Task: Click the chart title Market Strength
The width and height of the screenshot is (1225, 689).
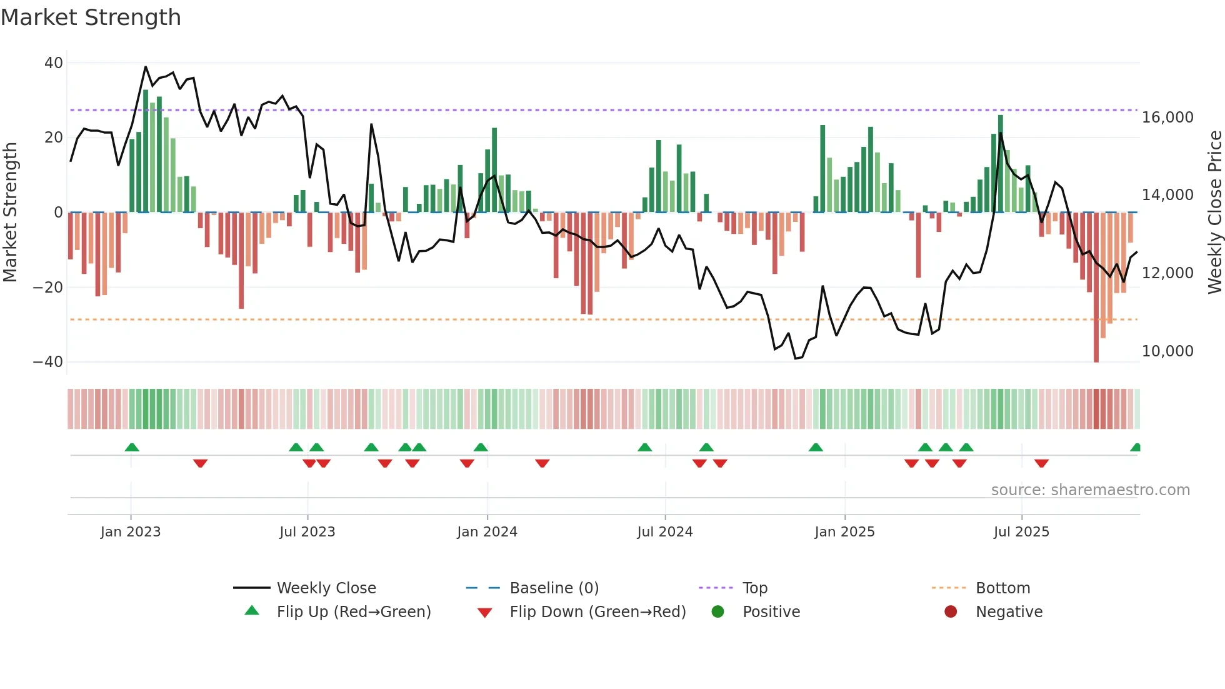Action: coord(91,18)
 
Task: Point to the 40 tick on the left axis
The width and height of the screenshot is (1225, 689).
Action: coord(54,63)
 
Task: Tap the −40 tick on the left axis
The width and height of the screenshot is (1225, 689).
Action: coord(48,362)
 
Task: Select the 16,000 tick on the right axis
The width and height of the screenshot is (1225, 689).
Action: coord(1167,118)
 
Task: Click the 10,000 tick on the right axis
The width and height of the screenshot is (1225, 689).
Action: coord(1167,351)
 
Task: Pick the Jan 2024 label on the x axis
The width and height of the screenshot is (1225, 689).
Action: coord(487,532)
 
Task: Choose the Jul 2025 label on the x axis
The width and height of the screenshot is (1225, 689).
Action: coord(1021,532)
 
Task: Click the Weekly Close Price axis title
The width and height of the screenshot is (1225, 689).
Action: coord(1214,213)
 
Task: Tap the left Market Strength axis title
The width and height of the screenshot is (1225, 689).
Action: coord(11,213)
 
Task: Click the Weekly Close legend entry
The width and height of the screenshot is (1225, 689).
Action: coord(326,588)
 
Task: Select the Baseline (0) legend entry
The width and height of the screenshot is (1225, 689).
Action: coord(554,588)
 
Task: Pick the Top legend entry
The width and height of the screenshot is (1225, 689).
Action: coord(754,588)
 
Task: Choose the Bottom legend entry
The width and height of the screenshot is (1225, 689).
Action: coord(1002,588)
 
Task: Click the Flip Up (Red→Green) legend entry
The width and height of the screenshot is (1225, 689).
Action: coord(353,612)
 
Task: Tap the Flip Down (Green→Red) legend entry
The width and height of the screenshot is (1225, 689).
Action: coord(597,612)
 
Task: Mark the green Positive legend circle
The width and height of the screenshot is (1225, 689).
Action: coord(717,612)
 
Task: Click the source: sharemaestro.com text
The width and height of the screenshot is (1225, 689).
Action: coord(1090,490)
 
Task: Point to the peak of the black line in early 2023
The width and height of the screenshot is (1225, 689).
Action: coord(146,67)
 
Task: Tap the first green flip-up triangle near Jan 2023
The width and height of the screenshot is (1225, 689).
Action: coord(132,447)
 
